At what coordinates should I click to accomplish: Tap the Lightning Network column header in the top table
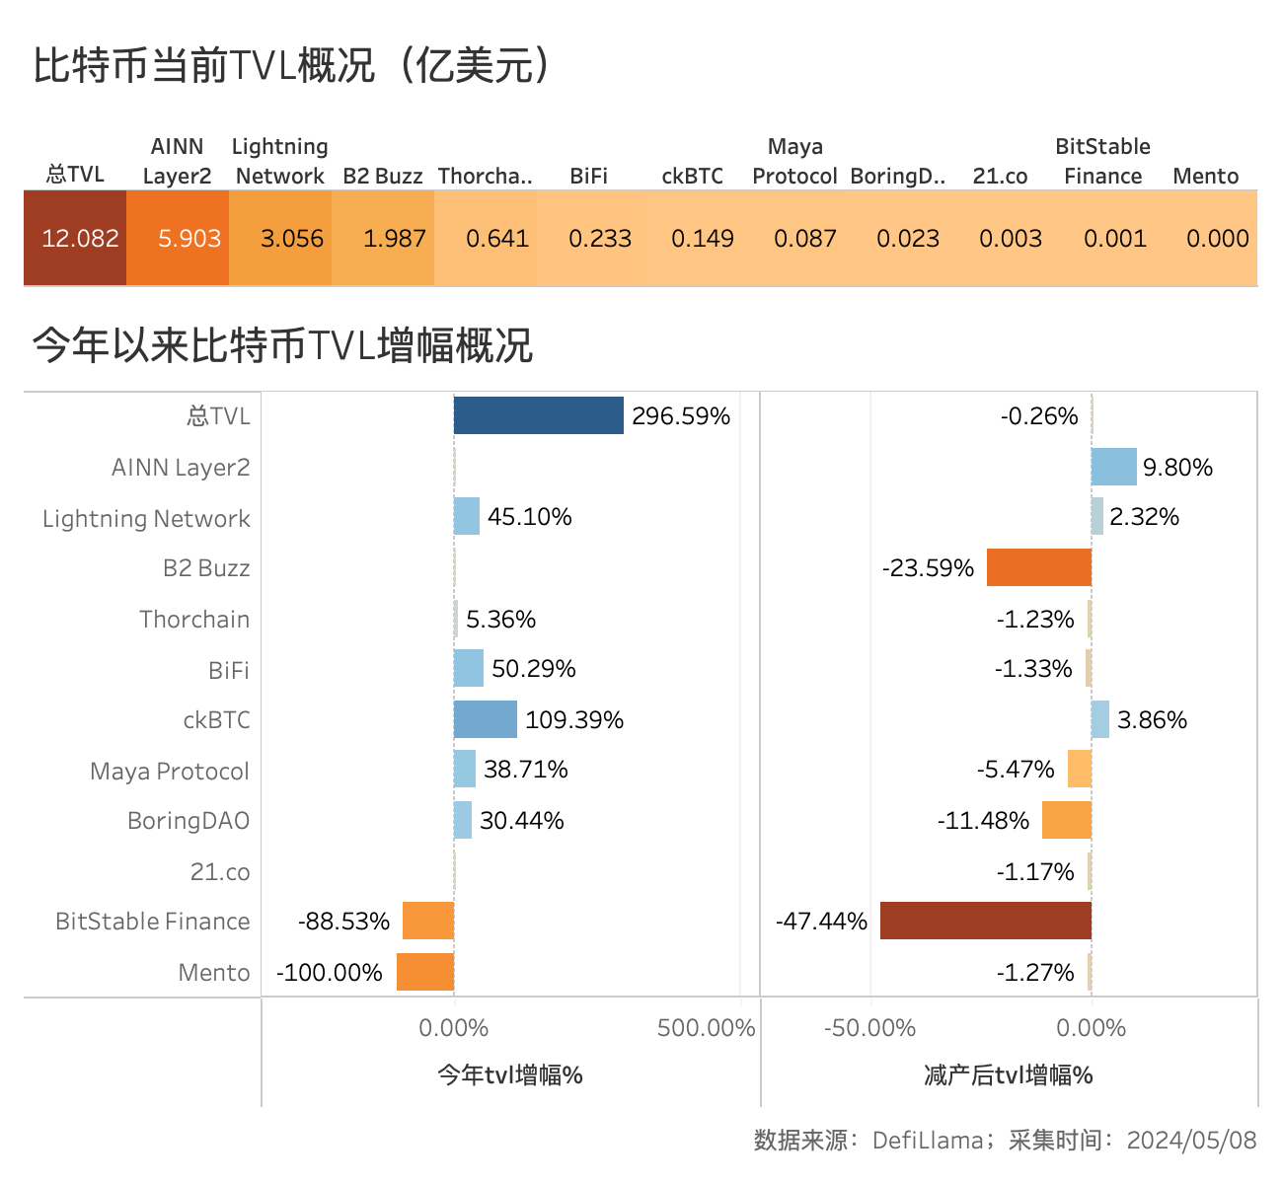tap(280, 161)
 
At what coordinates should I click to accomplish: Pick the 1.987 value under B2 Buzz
tap(394, 239)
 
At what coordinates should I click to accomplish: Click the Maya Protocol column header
tap(794, 161)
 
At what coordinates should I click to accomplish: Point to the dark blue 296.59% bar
tap(539, 415)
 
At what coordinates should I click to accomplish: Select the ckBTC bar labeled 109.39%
tap(486, 719)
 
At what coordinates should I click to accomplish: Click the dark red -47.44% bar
tap(986, 921)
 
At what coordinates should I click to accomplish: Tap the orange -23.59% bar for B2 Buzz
tap(1039, 567)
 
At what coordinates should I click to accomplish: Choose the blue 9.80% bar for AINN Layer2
tap(1114, 467)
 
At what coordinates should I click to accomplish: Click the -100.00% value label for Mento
tap(330, 973)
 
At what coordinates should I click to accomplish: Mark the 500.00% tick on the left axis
tap(706, 1028)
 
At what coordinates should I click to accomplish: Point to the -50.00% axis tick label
tap(869, 1028)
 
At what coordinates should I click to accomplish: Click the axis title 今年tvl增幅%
tap(510, 1075)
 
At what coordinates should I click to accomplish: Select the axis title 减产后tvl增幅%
tap(1009, 1075)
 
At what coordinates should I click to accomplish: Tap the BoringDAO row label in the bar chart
tap(189, 821)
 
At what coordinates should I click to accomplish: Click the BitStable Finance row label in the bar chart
tap(153, 922)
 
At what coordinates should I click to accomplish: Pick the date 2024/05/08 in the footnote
tap(1191, 1141)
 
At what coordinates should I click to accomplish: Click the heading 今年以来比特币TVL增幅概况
tap(282, 345)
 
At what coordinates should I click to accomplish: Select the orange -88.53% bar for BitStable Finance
tap(428, 921)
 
